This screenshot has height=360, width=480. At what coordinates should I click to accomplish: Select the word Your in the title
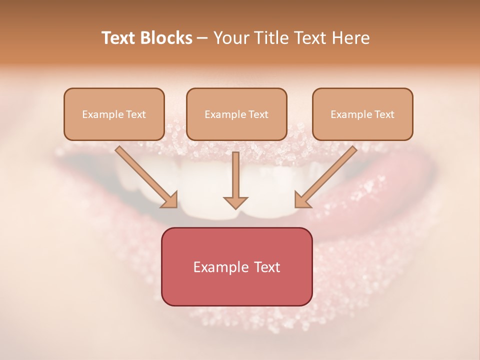[231, 38]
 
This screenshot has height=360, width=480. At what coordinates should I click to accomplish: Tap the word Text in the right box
[384, 114]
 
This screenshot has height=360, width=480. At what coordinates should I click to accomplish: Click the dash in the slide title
[202, 38]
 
